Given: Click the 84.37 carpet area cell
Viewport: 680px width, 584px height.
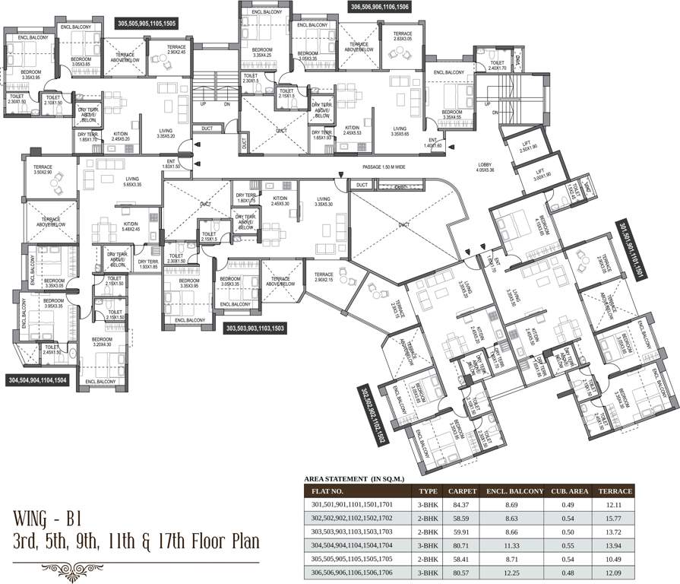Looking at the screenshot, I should point(462,503).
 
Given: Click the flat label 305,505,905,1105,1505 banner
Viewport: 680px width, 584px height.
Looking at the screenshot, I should point(147,24).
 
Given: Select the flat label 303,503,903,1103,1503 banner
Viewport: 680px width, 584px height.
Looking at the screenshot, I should point(255,328).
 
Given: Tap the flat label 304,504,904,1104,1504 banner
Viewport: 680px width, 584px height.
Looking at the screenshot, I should point(37,379).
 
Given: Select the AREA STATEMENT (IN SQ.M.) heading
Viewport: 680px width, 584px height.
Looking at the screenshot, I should point(355,479).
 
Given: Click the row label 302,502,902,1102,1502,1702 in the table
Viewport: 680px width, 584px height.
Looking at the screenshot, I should point(356,517).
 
